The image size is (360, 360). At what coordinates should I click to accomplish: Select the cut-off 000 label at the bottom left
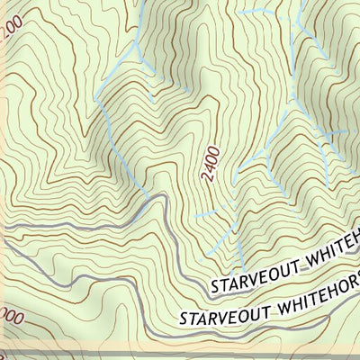[x=11, y=318]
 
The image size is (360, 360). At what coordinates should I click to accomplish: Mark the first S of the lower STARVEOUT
[x=183, y=319]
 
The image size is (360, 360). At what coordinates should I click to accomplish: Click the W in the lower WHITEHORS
[x=272, y=302]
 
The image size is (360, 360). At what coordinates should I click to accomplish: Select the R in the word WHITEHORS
[x=343, y=289]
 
